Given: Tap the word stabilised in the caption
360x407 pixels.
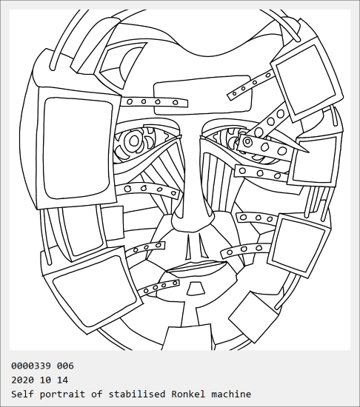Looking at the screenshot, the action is pyautogui.click(x=136, y=394).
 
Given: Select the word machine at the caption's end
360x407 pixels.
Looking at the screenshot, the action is pyautogui.click(x=231, y=394).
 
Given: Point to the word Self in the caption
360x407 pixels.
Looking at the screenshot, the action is pyautogui.click(x=22, y=394).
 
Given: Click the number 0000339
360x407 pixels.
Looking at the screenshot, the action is pyautogui.click(x=31, y=366).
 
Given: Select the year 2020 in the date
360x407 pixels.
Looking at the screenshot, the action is pyautogui.click(x=22, y=380).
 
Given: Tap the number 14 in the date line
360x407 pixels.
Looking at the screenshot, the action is pyautogui.click(x=63, y=380).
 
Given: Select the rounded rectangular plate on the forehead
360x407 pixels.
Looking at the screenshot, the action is pyautogui.click(x=203, y=95).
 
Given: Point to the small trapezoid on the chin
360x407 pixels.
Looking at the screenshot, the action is pyautogui.click(x=196, y=289).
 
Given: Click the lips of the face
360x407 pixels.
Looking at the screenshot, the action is pyautogui.click(x=197, y=267).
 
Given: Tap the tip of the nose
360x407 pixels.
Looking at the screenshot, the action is pyautogui.click(x=191, y=223).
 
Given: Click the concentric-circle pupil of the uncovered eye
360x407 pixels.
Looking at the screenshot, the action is pyautogui.click(x=134, y=141).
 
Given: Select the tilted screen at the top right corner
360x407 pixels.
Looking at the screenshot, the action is pyautogui.click(x=307, y=80).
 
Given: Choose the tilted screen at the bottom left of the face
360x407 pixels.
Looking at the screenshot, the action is pyautogui.click(x=92, y=290).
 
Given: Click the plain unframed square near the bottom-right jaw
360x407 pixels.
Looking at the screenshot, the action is pyautogui.click(x=253, y=317).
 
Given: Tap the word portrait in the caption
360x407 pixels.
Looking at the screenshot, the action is pyautogui.click(x=62, y=394).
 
